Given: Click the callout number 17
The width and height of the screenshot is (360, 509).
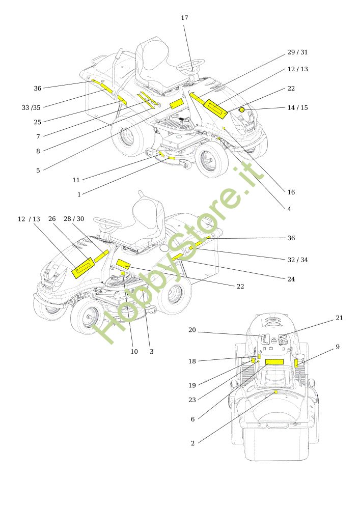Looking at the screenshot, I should pos(184,18).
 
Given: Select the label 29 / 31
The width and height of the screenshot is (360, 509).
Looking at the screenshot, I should pos(297,52).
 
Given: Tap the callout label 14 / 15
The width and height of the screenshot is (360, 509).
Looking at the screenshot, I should pos(297,107).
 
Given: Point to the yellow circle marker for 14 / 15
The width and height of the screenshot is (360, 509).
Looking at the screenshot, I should pos(242,109).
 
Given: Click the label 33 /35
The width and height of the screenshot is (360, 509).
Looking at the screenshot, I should pos(31,107).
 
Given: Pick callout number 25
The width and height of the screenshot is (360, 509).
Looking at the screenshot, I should pos(38,122).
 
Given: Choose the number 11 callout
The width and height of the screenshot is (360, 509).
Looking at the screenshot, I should pos(76,180).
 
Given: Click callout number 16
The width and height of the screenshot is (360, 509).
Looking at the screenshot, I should pos(291,192).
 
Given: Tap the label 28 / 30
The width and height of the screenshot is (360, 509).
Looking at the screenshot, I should pos(74,219).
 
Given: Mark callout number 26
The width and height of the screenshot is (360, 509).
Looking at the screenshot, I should pos(52,219).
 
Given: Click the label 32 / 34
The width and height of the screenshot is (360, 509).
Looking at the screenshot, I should pos(297,260).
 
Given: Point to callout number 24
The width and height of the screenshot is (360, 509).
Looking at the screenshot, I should pos(291,279).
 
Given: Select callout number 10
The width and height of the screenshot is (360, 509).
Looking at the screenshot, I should pos(134,352).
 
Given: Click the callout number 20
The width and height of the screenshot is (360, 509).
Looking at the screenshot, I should pos(192,330).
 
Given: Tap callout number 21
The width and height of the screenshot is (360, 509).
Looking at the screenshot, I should pos(339,318).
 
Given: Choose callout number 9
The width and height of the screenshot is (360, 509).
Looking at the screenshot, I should pos(338,347).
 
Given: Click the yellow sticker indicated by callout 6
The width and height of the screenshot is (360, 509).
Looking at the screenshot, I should pos(274,362).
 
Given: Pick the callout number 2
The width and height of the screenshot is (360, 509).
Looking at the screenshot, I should pos(192,443).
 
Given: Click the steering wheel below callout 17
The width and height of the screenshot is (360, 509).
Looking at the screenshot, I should pos(191,64).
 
